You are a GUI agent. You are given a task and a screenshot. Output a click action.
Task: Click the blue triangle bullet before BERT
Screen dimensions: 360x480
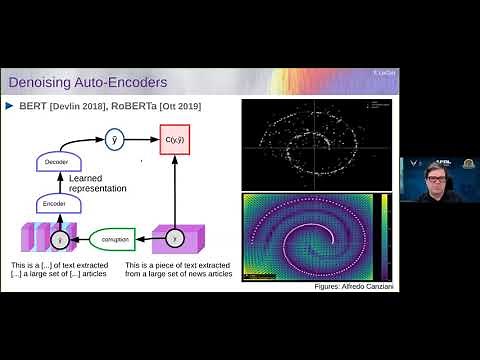pyautogui.click(x=11, y=105)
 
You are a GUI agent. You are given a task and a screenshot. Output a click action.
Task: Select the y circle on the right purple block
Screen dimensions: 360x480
pyautogui.click(x=176, y=240)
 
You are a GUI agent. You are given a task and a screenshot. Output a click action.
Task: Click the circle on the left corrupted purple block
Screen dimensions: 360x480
pyautogui.click(x=58, y=240)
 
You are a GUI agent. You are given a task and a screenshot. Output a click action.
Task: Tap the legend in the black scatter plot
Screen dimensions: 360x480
pyautogui.click(x=378, y=105)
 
